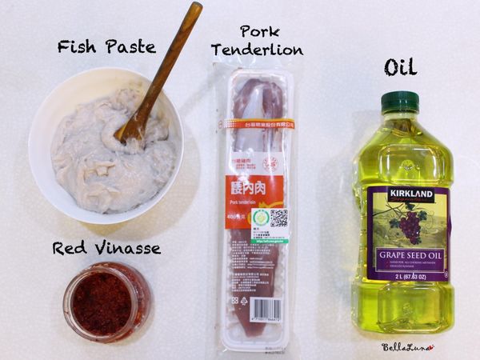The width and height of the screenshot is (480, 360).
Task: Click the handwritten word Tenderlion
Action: [x=257, y=50]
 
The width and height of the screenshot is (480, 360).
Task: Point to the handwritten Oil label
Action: [x=400, y=68]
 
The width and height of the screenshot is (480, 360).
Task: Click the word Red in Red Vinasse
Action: [x=70, y=248]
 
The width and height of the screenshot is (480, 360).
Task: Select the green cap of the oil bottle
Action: [x=400, y=102]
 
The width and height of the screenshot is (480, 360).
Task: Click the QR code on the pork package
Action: [x=278, y=218]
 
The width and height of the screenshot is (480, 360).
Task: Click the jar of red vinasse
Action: [x=106, y=302]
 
